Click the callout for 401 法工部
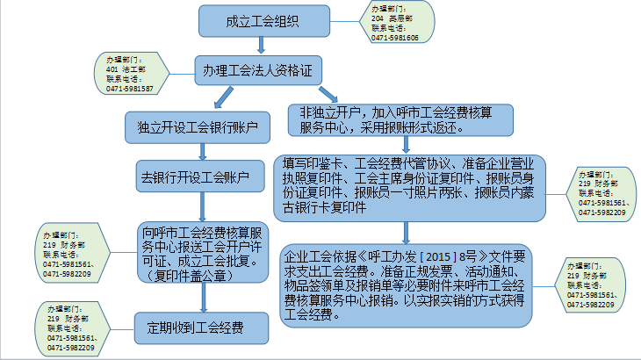[x=129, y=74]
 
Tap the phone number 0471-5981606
[x=395, y=38]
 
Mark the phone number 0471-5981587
[x=129, y=90]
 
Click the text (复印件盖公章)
[x=189, y=275]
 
